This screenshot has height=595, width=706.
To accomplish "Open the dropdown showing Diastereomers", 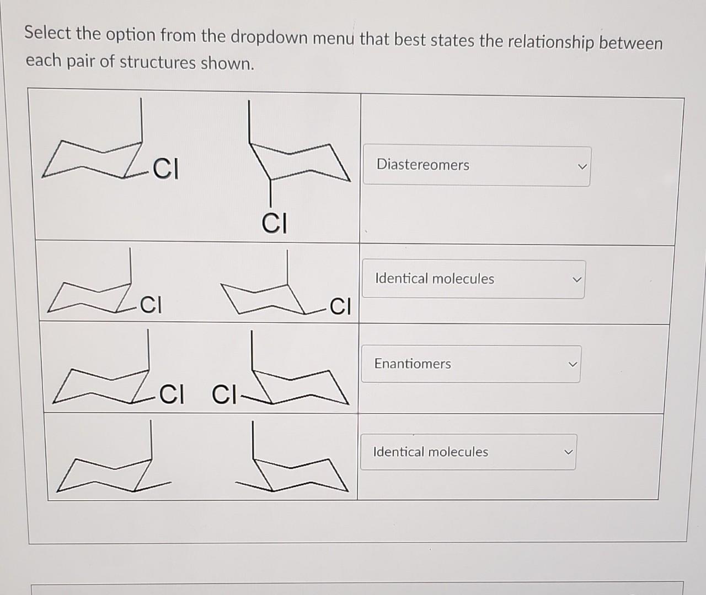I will [477, 166].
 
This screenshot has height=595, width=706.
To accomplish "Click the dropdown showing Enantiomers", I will [470, 364].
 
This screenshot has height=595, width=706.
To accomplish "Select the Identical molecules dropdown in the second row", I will [473, 279].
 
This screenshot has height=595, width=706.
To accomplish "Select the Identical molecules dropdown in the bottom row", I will [468, 452].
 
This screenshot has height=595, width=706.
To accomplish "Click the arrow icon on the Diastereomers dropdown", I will [582, 166].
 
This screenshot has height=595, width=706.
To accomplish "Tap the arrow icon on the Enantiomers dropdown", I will [573, 364].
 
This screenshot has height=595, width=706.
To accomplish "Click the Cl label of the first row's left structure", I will [166, 169].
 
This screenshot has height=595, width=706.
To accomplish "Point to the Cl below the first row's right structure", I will [274, 224].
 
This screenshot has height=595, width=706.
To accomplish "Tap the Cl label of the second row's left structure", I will [150, 305].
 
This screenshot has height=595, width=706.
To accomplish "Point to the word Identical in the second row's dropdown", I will [401, 278].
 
